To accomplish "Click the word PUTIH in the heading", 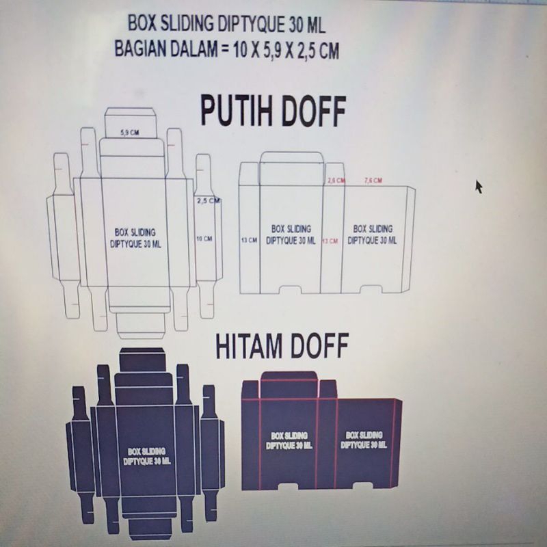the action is coord(239,111).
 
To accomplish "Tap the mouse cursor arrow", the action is coord(479,186).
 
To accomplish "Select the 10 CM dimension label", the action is coord(204,239).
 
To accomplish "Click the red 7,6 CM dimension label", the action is coord(373,181).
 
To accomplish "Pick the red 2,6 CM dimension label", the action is coord(336,181).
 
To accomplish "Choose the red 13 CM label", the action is coord(330,241).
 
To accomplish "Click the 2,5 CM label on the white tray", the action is coord(208,201).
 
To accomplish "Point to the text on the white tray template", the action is coord(135,238).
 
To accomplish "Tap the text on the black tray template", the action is coord(146,456).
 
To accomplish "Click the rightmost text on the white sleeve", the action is coord(373,235).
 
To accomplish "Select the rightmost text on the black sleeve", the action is coord(363,440).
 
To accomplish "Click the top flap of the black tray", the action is coord(142,359).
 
